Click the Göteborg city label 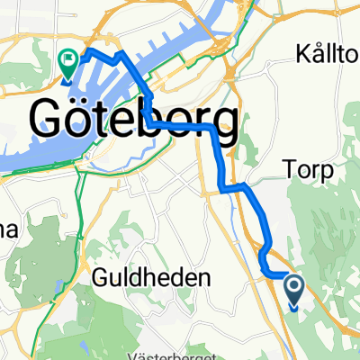(x=135, y=119)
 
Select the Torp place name (x=307, y=170)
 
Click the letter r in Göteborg (x=200, y=121)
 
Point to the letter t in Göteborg (x=105, y=119)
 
